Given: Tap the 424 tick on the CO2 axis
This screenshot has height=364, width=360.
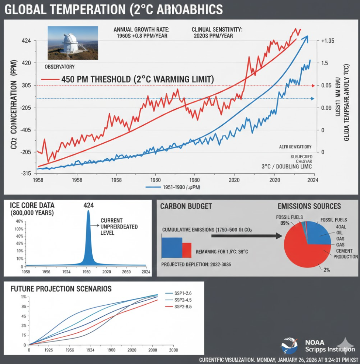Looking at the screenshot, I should point(26,41).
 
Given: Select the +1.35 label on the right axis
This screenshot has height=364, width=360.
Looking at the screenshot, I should point(328,41).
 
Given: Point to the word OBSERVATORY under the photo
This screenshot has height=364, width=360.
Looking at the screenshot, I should point(59,67).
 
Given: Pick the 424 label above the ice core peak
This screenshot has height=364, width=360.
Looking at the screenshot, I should point(88,205).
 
